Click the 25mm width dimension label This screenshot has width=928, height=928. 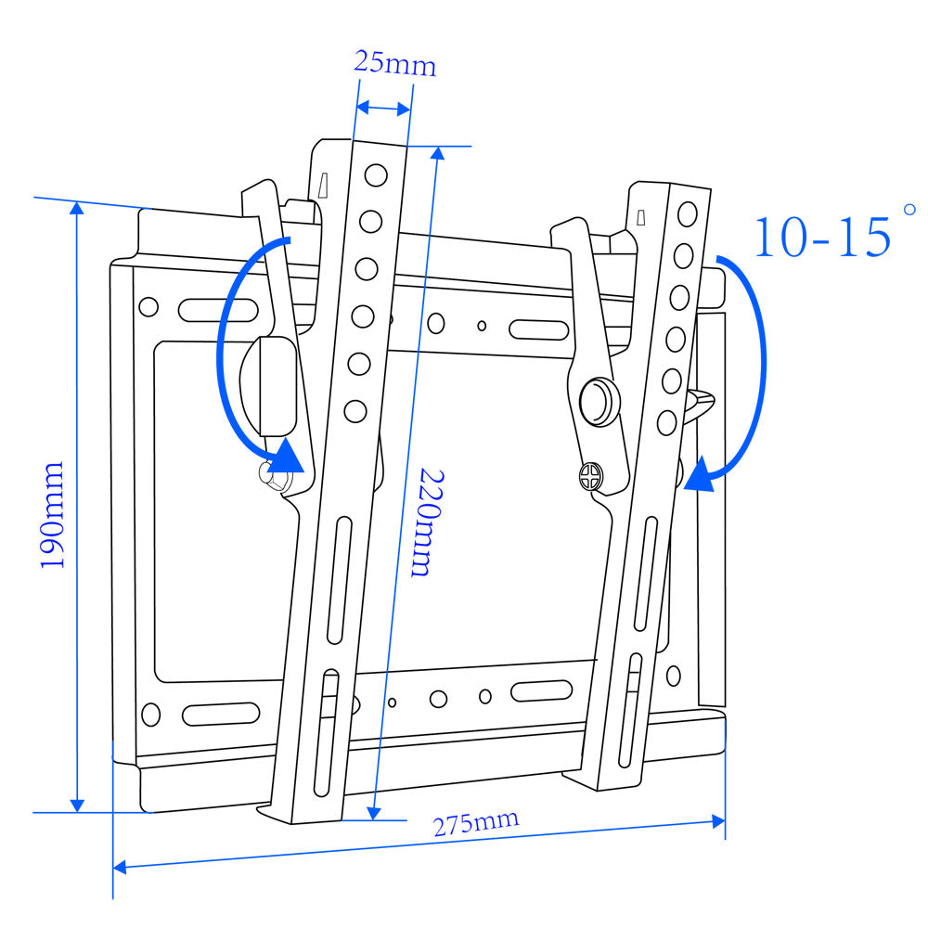(394, 64)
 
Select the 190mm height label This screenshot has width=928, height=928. (52, 514)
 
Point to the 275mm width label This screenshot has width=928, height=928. (476, 822)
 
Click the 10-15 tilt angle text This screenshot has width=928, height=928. (820, 236)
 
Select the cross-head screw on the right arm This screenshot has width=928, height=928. (588, 479)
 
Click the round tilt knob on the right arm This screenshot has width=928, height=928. (599, 399)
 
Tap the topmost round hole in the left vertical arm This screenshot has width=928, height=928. (375, 174)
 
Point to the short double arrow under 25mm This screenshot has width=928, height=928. (383, 108)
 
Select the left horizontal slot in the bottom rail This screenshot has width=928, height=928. (221, 714)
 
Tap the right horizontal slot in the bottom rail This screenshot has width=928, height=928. (541, 690)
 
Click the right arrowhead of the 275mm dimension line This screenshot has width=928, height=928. (718, 821)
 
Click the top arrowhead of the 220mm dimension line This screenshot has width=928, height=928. (436, 154)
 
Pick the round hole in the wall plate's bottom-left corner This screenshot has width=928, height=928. (149, 714)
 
